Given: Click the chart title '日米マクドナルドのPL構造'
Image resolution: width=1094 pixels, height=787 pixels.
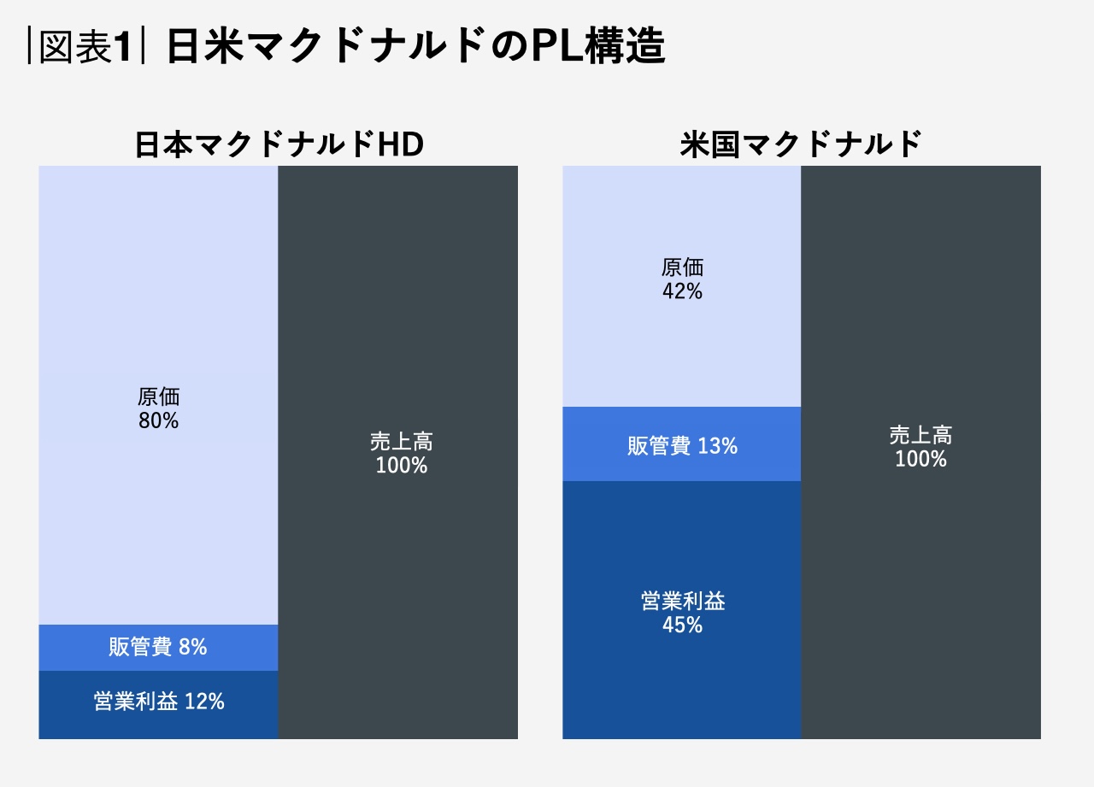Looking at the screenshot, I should [x=415, y=48].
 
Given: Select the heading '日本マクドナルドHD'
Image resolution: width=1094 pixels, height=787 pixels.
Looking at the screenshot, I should [x=279, y=145].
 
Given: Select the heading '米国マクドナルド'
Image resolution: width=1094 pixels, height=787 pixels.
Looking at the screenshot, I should [x=801, y=145].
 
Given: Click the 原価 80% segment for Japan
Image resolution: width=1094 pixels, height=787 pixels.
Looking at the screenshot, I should [x=158, y=342].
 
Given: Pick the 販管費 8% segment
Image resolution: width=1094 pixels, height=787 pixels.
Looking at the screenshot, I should [x=158, y=648].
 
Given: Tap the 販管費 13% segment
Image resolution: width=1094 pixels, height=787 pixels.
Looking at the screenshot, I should [x=681, y=445].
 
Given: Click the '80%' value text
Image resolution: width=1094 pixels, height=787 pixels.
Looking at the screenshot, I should [x=158, y=421].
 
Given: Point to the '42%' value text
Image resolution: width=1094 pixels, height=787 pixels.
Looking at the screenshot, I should [x=682, y=292].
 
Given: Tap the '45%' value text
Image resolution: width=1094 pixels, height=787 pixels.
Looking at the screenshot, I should [x=682, y=625].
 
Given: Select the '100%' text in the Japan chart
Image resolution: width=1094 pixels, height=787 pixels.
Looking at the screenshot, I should [x=401, y=466].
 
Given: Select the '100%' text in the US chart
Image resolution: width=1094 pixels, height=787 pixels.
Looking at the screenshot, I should [x=920, y=459].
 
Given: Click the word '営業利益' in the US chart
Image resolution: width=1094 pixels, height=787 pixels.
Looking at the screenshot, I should [x=682, y=601].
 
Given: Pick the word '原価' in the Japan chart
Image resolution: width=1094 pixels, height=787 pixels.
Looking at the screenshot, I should [x=158, y=396].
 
